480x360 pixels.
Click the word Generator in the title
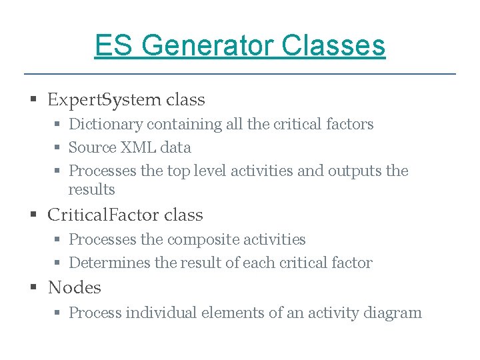click(207, 46)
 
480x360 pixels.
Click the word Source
click(92, 148)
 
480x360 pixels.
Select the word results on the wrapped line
click(91, 190)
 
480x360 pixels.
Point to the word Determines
click(109, 263)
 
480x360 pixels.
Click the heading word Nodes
click(74, 288)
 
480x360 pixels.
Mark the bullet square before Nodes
click(33, 288)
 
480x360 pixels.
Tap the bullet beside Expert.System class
click(33, 101)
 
